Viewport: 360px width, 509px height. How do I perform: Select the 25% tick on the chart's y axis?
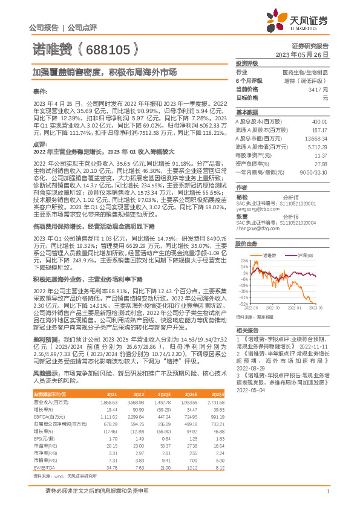click(244, 261)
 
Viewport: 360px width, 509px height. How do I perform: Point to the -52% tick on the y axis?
click(243, 303)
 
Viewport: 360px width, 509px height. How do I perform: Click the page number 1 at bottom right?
click(327, 492)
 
